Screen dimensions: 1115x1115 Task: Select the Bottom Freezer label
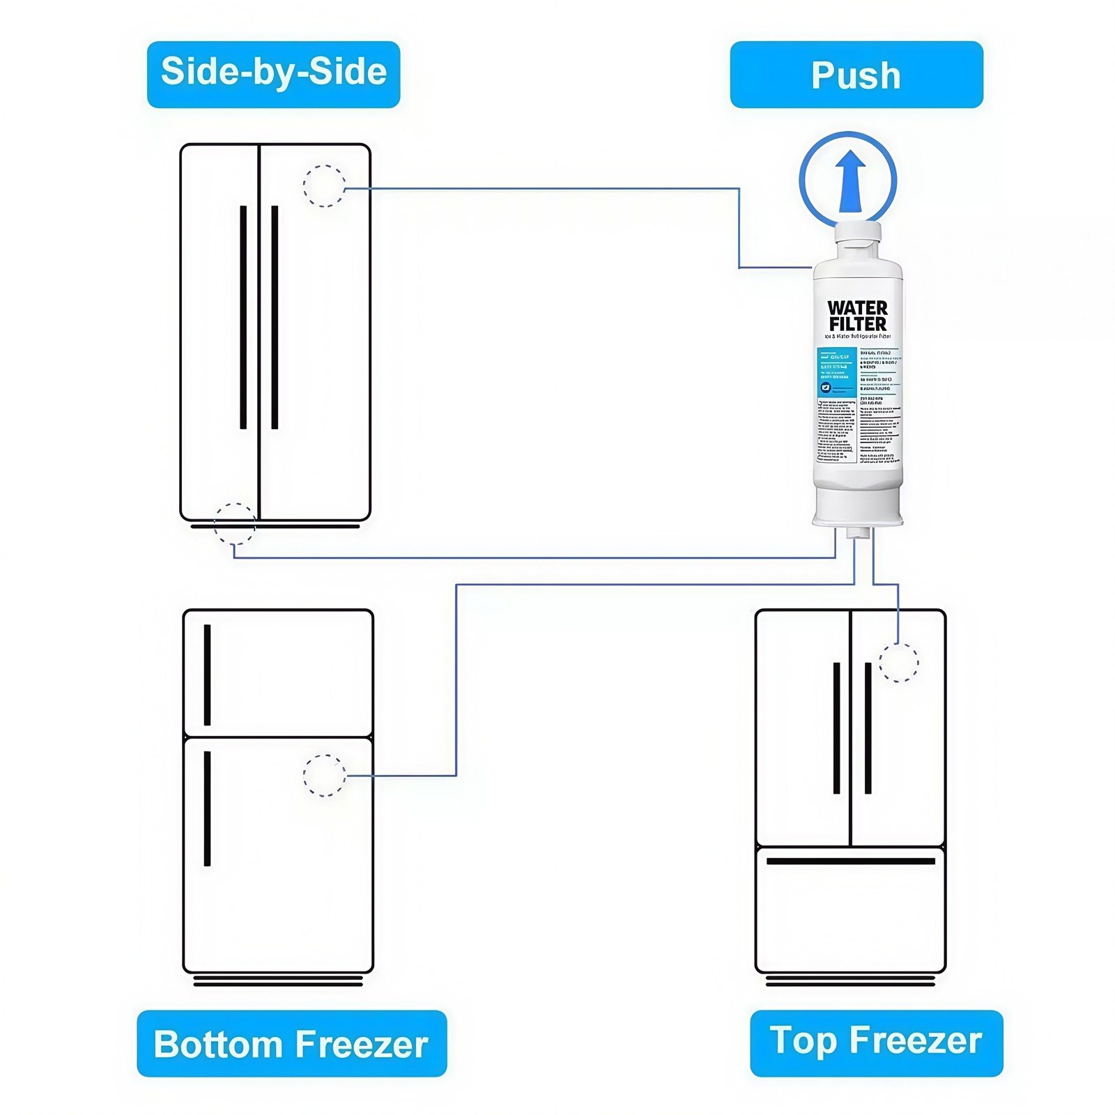click(x=291, y=1043)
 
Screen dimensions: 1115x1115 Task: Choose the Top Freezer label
click(x=876, y=1043)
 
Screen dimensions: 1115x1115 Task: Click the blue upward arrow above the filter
click(x=851, y=180)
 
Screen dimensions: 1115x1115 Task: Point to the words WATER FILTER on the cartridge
click(x=857, y=316)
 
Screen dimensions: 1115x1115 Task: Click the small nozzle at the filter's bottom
click(x=859, y=533)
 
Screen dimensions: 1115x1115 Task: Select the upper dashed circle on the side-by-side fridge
click(x=324, y=186)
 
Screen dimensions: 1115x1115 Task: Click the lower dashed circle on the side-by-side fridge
click(x=235, y=523)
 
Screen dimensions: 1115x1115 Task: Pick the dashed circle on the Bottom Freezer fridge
click(x=325, y=776)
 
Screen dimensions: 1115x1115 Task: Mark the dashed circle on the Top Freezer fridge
click(x=898, y=663)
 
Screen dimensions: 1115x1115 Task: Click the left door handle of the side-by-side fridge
click(x=243, y=317)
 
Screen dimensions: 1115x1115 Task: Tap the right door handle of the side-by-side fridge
click(x=275, y=317)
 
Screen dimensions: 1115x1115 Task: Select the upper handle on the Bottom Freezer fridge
click(x=207, y=675)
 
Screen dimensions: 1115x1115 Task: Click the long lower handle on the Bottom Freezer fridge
click(x=207, y=808)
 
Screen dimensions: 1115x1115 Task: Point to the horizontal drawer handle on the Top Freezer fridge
click(x=850, y=861)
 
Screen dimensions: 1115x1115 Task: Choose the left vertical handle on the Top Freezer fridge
click(x=836, y=728)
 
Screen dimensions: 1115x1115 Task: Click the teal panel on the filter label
click(x=836, y=373)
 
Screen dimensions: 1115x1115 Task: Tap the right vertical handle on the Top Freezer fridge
click(x=868, y=728)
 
